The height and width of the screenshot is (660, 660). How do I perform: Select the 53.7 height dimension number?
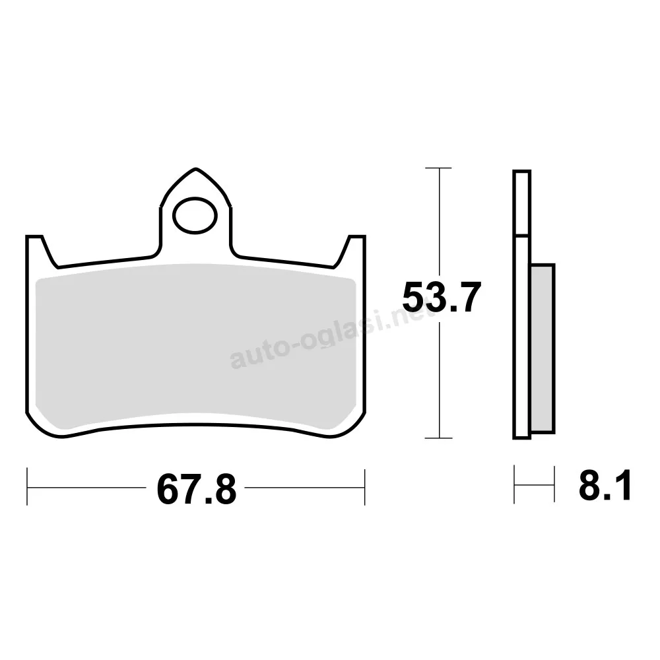click(x=442, y=298)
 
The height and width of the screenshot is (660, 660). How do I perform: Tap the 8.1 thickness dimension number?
click(x=605, y=486)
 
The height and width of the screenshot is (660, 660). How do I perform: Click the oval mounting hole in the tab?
click(x=195, y=216)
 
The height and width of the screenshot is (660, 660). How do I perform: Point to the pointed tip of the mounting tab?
click(x=196, y=169)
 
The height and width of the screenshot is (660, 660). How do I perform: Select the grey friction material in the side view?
click(x=543, y=348)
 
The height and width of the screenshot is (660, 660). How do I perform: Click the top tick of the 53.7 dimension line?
click(x=439, y=168)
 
